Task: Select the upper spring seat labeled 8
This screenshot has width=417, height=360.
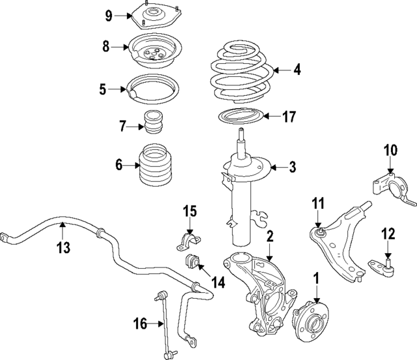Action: coord(154,52)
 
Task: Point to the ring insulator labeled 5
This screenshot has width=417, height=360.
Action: coord(153,89)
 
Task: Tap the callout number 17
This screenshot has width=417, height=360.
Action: coord(289,117)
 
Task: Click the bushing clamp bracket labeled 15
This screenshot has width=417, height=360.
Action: coord(188,241)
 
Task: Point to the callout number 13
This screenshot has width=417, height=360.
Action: coord(63,247)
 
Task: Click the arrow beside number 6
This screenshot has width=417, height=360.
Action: coord(132,166)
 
